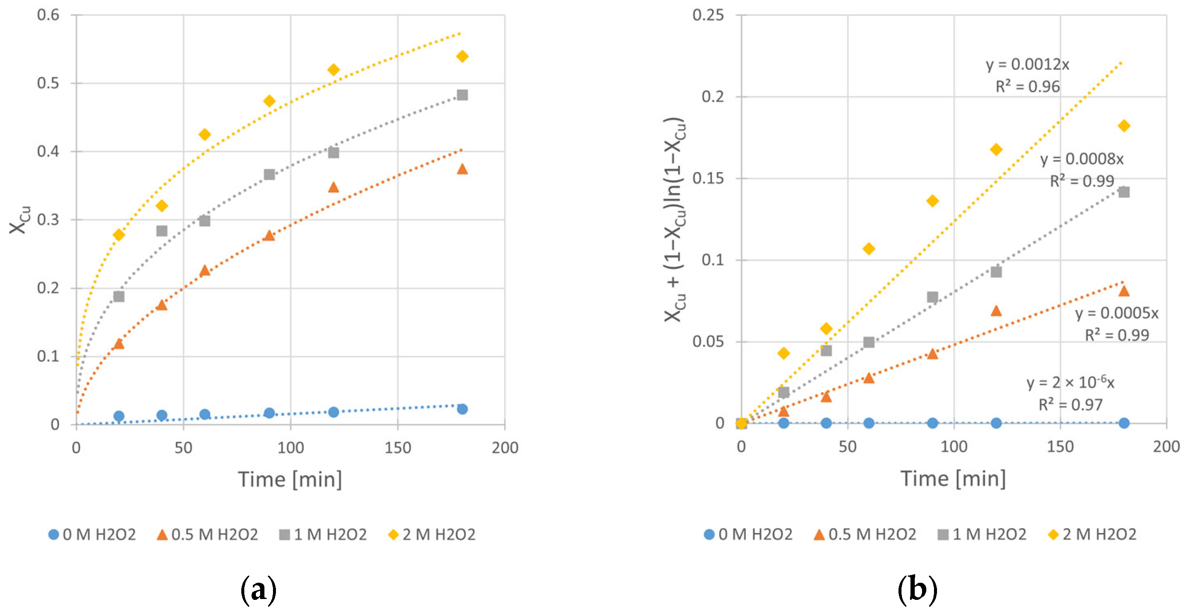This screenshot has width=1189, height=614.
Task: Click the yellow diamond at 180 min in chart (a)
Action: [462, 57]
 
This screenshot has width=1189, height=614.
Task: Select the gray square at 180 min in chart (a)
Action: [462, 95]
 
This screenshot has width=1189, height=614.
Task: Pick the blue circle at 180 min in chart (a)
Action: [462, 409]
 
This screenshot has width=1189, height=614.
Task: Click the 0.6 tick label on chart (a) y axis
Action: [48, 15]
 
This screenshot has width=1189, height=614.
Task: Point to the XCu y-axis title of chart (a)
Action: [19, 221]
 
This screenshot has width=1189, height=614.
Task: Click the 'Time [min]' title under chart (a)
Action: [290, 479]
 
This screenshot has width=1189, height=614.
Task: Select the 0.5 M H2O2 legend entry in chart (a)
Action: [208, 534]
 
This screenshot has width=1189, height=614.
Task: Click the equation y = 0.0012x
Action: [1027, 65]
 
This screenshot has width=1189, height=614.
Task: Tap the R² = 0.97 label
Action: [1070, 405]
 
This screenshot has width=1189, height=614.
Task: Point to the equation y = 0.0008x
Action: [1082, 159]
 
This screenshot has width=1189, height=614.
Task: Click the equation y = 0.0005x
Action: [1117, 313]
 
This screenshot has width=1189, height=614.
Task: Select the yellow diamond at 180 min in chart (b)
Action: [1124, 125]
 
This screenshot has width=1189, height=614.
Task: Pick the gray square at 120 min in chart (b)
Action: [996, 272]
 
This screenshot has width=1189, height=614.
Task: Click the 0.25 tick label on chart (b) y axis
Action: [708, 15]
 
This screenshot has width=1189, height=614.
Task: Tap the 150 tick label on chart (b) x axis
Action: [1060, 447]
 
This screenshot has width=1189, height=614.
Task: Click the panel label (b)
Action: [917, 590]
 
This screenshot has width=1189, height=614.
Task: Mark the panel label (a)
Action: [258, 590]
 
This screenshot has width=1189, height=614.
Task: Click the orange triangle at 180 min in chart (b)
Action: [1124, 291]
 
